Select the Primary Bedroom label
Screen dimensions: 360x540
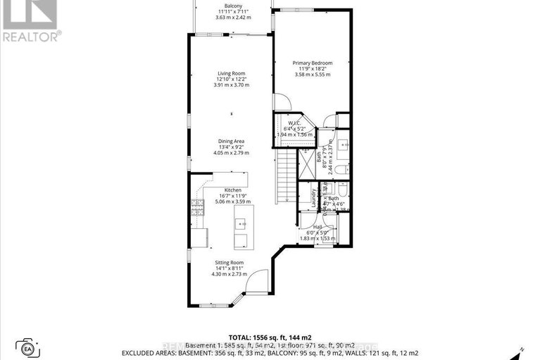313,63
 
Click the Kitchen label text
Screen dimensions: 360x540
233,190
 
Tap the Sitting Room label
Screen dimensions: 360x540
232,260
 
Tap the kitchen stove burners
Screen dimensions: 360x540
196,207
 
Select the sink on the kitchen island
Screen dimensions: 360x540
239,225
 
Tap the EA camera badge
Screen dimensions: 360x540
28,348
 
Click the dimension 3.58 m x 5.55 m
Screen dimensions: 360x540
313,74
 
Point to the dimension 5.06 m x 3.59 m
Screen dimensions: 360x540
233,201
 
